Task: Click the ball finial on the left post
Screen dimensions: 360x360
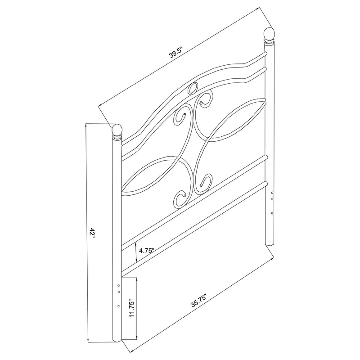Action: click(117, 130)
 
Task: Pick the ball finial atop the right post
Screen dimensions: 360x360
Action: click(269, 34)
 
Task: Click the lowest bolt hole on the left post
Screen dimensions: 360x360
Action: click(118, 306)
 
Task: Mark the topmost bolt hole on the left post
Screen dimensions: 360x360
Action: click(118, 285)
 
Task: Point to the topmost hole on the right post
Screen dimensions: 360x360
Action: click(272, 193)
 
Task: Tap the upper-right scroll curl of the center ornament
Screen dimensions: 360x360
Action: click(206, 100)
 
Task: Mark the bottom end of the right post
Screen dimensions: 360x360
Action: click(270, 243)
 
